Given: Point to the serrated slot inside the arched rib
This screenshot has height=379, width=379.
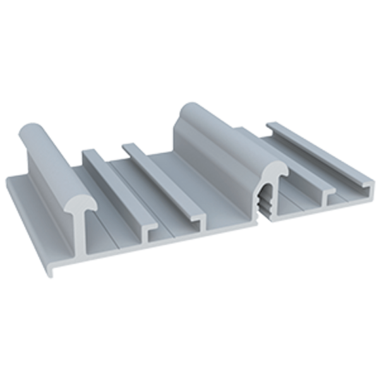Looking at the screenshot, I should coord(265,201).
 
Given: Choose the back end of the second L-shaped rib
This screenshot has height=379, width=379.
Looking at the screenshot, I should coord(129,147).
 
